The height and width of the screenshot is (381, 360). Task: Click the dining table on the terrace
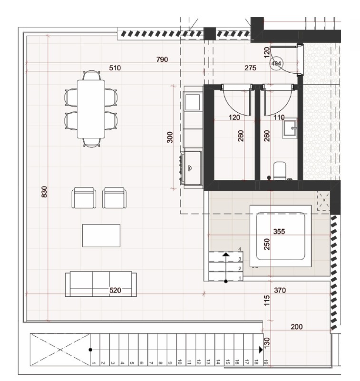91,108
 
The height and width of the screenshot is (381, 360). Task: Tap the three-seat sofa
100,284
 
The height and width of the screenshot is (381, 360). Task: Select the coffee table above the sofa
101,235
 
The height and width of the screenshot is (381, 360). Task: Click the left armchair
84,197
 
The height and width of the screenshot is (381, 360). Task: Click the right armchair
115,197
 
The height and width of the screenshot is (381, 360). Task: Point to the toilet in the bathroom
280,169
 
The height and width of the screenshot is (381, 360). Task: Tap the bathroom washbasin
288,128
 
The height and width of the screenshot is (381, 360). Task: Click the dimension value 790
163,59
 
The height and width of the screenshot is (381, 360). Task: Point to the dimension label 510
115,68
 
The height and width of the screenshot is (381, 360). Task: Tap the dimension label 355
279,232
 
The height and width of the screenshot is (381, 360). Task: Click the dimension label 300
170,137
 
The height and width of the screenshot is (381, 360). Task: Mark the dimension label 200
296,327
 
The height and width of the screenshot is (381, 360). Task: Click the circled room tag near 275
276,63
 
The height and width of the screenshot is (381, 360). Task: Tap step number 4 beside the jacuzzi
240,249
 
